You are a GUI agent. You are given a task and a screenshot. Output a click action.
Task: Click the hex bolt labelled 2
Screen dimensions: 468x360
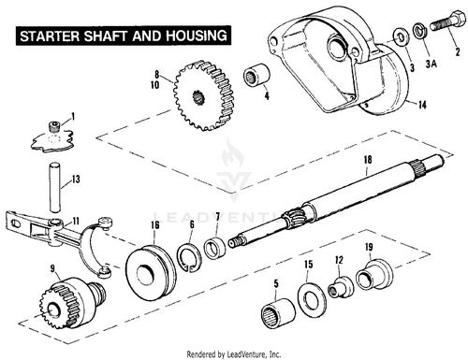(x=447, y=21)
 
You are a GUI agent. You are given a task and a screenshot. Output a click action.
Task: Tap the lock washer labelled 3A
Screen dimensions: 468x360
(x=420, y=31)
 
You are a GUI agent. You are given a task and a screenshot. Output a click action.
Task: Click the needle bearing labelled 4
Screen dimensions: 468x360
(x=256, y=76)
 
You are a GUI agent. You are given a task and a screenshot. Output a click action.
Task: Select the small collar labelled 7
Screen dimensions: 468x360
(x=215, y=246)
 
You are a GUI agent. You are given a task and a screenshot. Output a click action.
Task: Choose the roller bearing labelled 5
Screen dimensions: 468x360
(x=278, y=313)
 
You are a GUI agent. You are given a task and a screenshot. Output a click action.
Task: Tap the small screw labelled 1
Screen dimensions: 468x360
(x=54, y=126)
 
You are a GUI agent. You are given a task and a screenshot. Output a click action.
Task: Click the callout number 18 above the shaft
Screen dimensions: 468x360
(x=368, y=160)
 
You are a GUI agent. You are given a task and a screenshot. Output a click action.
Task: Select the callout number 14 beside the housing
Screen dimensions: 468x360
(x=422, y=105)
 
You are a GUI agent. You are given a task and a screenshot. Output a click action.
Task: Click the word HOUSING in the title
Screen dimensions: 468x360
(x=196, y=36)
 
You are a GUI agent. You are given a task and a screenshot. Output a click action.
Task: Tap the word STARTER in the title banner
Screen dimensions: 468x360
(x=50, y=36)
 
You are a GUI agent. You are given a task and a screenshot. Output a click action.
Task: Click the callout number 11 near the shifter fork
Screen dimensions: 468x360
(x=76, y=222)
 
